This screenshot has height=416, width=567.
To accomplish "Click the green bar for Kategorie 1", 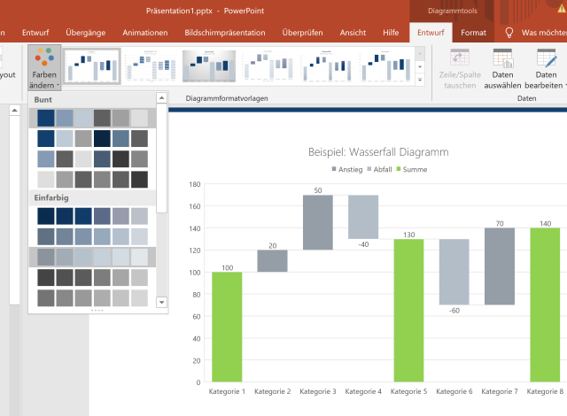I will [227, 327].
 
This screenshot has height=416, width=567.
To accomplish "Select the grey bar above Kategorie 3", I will [317, 222].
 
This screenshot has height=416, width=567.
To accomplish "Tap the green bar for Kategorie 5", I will [408, 310].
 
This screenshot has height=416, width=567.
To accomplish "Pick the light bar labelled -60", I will [454, 272].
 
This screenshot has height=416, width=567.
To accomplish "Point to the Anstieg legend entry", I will [346, 169].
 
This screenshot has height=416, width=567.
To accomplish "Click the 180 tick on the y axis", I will [197, 184].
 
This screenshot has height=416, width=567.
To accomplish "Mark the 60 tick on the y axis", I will [198, 317].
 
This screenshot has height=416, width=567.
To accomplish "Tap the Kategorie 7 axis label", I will [500, 391].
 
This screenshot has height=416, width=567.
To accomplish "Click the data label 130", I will [408, 234].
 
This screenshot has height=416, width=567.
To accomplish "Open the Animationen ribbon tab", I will [145, 33].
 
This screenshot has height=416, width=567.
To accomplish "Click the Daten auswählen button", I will [502, 68].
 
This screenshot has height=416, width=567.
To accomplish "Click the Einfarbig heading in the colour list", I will [51, 197].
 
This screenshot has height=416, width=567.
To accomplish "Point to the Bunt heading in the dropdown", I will [43, 99].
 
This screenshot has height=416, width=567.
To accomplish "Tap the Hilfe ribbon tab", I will [390, 33].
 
